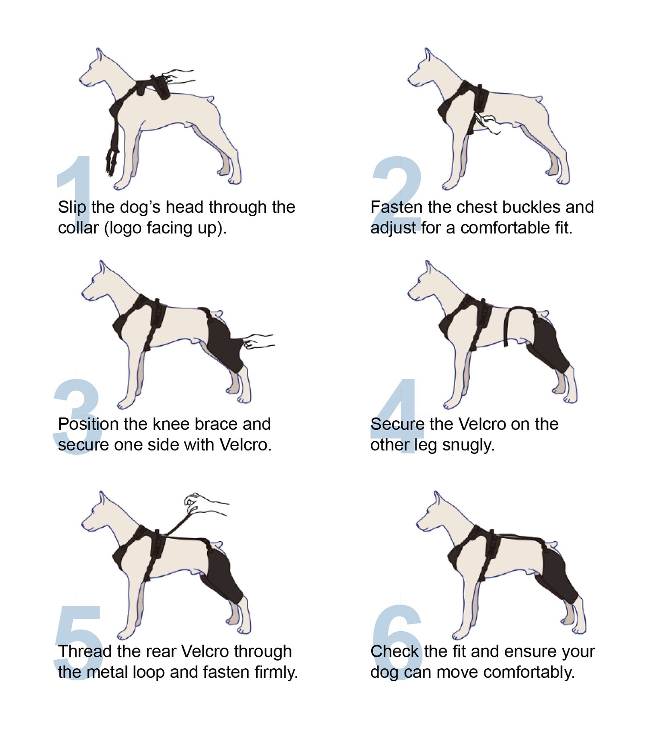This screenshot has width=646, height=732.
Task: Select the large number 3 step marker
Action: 77,416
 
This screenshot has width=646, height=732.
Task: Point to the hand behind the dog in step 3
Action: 258,341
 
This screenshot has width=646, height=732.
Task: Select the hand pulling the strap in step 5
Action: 206,505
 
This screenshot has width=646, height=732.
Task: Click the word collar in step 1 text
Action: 78,228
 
